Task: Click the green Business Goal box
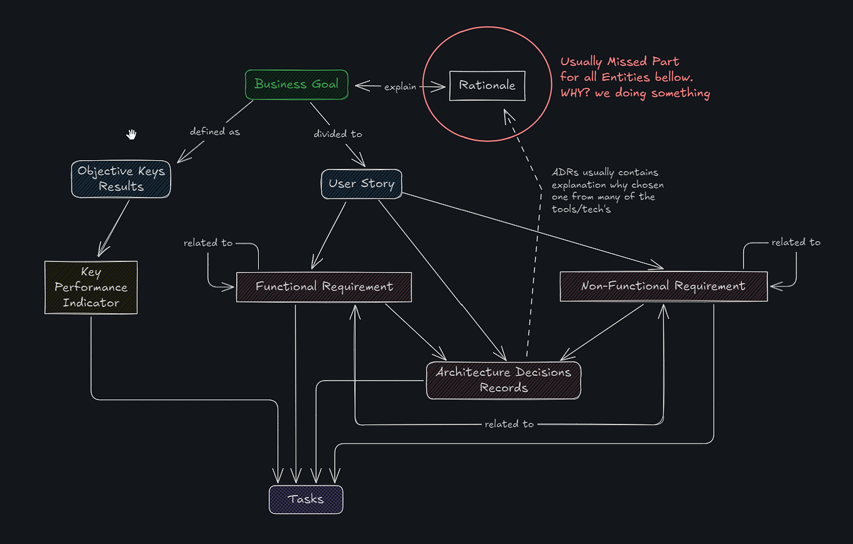[296, 84]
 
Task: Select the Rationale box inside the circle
[487, 85]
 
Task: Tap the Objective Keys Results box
[121, 179]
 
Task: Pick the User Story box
[361, 184]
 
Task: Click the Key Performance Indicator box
[91, 288]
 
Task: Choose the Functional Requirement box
[323, 287]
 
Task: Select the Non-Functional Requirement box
[663, 286]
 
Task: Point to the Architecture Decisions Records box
[503, 380]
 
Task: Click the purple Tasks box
[306, 499]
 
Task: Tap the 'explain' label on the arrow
[400, 87]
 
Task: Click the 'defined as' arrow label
[215, 132]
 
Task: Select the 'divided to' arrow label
[337, 134]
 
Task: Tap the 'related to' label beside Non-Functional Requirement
[796, 242]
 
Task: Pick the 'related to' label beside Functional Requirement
[208, 242]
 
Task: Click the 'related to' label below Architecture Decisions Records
[509, 424]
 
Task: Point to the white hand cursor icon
[131, 134]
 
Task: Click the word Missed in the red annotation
[630, 62]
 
